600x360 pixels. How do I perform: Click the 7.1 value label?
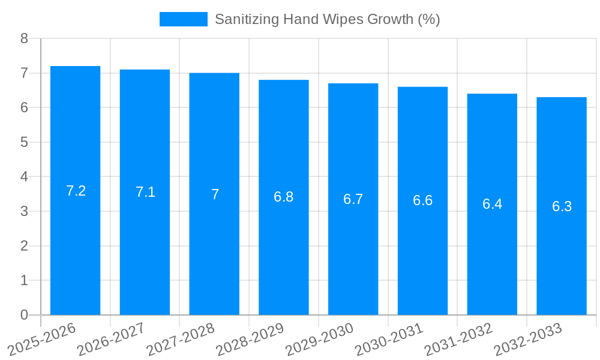coord(145,192)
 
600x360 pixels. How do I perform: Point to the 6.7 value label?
coord(353,199)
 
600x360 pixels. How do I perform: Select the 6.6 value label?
coord(423,200)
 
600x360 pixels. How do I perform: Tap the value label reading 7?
coord(215,194)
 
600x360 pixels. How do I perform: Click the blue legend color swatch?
coord(183,19)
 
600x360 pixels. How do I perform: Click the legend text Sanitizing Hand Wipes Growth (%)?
coord(327,19)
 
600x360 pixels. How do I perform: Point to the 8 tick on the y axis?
coord(24,38)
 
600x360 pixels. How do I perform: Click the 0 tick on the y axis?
coord(24,315)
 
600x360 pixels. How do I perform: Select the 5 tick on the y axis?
coord(24,142)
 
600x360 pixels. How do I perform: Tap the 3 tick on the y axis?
coord(24,211)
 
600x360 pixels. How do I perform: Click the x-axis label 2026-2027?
coord(112,338)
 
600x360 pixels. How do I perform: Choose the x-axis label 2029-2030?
coord(320,338)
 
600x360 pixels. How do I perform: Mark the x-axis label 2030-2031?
coord(389,338)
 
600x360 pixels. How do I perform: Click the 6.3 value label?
coord(562,206)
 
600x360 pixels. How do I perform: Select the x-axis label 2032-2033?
coord(528,338)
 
